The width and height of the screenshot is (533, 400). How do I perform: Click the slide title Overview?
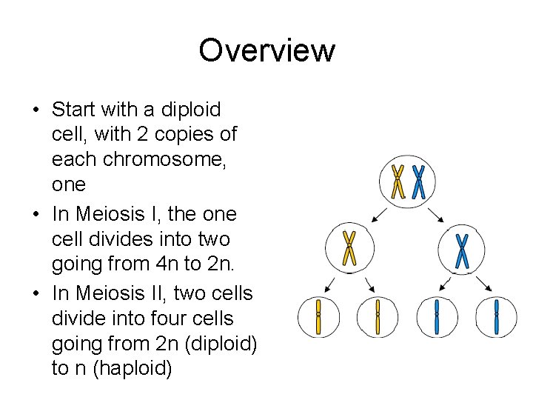pyautogui.click(x=266, y=51)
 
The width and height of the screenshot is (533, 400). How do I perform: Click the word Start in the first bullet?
pyautogui.click(x=73, y=110)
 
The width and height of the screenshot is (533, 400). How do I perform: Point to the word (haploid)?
pyautogui.click(x=130, y=369)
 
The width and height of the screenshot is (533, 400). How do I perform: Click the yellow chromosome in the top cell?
pyautogui.click(x=398, y=181)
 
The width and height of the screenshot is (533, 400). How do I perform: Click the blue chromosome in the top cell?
pyautogui.click(x=418, y=181)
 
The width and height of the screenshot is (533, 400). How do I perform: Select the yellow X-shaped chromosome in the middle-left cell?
pyautogui.click(x=349, y=248)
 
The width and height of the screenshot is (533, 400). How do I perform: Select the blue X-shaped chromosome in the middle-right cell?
pyautogui.click(x=463, y=250)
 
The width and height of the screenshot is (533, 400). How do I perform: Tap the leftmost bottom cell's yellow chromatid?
pyautogui.click(x=318, y=317)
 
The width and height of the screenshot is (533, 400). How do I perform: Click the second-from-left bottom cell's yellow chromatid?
pyautogui.click(x=378, y=317)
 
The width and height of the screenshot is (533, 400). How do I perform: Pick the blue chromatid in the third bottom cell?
pyautogui.click(x=437, y=317)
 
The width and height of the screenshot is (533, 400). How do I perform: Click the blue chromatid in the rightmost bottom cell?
pyautogui.click(x=496, y=317)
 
